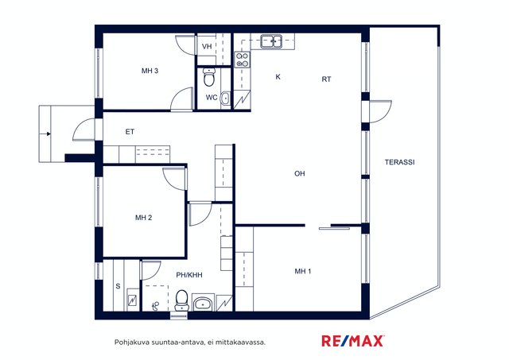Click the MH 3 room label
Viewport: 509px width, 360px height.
click(x=150, y=71)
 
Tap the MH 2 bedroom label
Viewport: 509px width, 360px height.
click(x=143, y=218)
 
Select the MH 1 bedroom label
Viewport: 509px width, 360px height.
click(x=303, y=271)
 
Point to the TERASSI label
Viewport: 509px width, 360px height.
click(x=399, y=162)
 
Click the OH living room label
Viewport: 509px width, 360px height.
click(x=300, y=173)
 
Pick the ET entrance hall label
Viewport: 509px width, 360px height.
click(x=130, y=132)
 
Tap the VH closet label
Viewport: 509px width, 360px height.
click(x=207, y=46)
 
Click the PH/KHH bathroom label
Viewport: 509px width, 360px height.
click(x=189, y=275)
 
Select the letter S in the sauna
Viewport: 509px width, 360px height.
click(x=118, y=286)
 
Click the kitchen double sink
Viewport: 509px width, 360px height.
click(x=271, y=41)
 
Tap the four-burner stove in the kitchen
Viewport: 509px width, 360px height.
click(x=243, y=60)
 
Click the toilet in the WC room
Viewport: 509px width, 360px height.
click(x=209, y=77)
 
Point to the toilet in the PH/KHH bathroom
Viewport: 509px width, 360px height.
click(x=182, y=300)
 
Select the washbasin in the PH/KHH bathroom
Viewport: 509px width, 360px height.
click(x=203, y=304)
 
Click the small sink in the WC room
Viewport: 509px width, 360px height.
click(x=225, y=98)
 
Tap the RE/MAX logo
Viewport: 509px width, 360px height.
click(x=353, y=341)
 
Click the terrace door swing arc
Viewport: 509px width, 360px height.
click(x=386, y=115)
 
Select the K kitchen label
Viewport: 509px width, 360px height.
click(x=278, y=77)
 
